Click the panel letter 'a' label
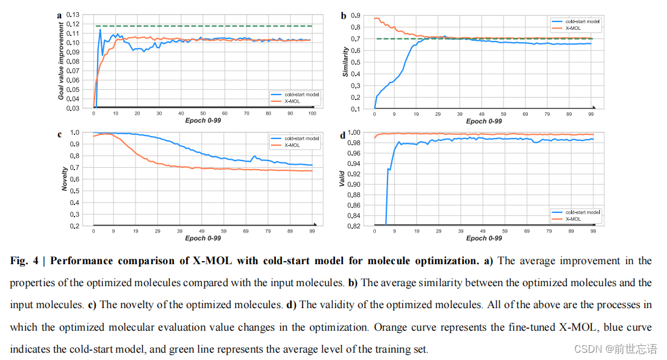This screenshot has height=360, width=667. pos(59,15)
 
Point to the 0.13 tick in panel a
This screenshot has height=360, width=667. pos(73,14)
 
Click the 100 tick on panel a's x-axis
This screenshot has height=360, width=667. pos(312,113)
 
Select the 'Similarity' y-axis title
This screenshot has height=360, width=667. pos(345,61)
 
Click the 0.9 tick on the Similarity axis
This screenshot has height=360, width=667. pos(355,15)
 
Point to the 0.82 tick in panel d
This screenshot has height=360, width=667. pos(353,226)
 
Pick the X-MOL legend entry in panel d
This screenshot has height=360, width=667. pos(574,218)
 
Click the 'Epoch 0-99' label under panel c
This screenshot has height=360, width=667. pos(204,239)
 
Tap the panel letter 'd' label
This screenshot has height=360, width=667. pos(342,135)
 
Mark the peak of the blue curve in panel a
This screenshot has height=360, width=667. pos(100,29)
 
